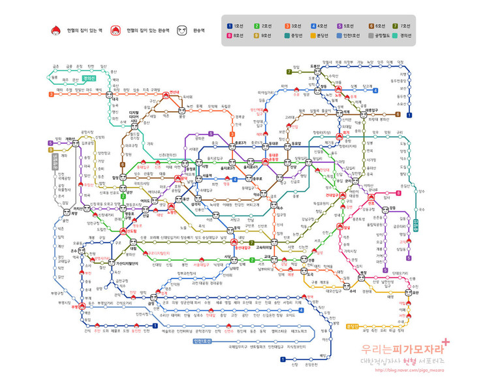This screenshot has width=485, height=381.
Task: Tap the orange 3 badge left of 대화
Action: [x=51, y=94]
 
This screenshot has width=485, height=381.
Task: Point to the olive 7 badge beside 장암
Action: [x=289, y=71]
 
